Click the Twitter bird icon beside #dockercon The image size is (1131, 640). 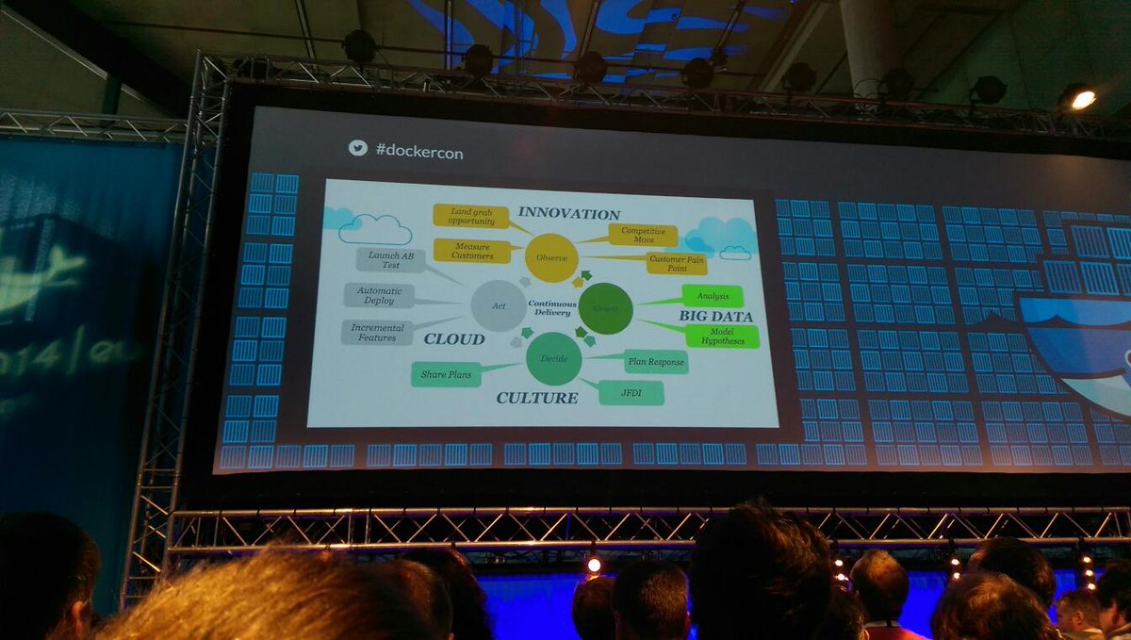point(357,148)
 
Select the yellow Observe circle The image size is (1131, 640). point(551,255)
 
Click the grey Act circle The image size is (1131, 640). point(499,304)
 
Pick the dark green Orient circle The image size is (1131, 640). point(605,308)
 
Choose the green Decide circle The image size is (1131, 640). point(553,358)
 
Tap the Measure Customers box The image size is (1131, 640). point(471,251)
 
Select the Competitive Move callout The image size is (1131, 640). point(643,235)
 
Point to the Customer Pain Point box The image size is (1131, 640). point(676,263)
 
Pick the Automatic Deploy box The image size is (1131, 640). point(379,295)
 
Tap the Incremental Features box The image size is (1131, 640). point(377,331)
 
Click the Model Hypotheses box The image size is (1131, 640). point(723,336)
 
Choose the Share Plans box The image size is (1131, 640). point(446,374)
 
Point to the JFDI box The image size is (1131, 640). point(631,392)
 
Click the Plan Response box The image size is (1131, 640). point(655,361)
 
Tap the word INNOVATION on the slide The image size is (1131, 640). point(568,214)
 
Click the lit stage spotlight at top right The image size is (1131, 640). point(1081,99)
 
